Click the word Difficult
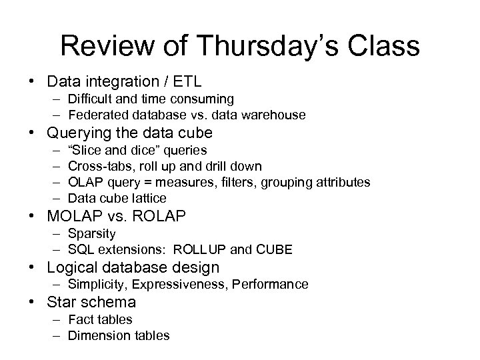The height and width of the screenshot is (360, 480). [x=93, y=99]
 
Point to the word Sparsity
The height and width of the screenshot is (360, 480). [x=92, y=233]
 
